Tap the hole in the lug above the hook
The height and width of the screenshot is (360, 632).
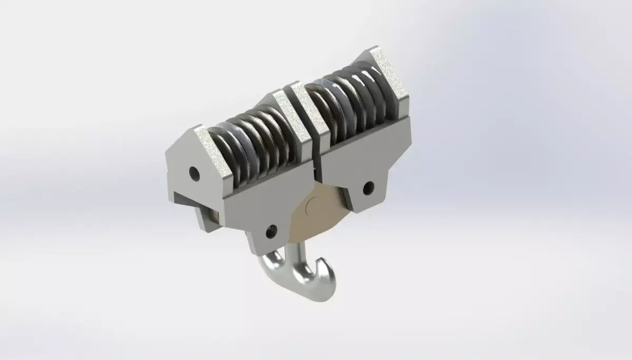click(272, 230)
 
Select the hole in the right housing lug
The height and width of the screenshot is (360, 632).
click(369, 186)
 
